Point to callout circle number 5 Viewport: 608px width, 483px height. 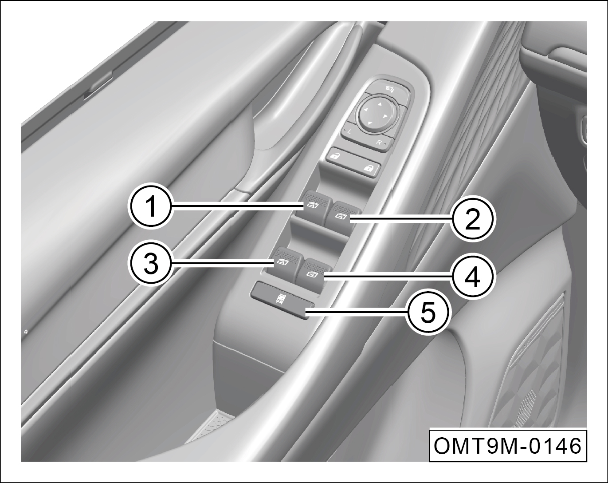pos(427,313)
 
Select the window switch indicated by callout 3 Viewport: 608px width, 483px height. pos(285,261)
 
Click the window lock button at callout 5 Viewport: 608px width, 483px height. pos(282,301)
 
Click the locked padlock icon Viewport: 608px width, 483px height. pos(368,169)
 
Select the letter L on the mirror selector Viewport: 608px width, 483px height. pos(349,132)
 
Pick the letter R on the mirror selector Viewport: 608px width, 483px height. pos(378,142)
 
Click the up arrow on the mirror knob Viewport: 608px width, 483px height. pos(380,104)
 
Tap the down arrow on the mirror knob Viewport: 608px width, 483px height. pos(369,123)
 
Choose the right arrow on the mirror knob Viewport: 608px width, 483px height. pos(384,116)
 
